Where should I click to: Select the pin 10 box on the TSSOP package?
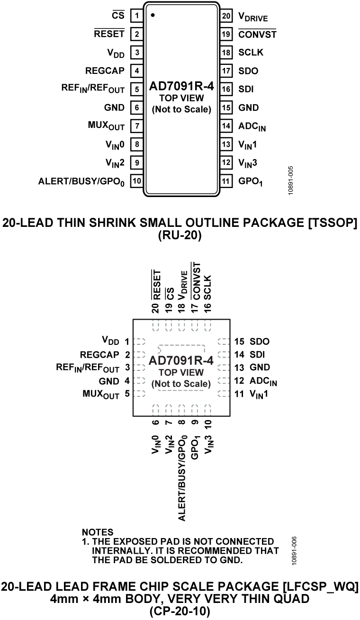[136, 181]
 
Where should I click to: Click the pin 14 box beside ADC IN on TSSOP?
[226, 126]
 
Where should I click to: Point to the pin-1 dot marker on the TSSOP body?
[153, 15]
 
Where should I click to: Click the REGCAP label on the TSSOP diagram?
[105, 71]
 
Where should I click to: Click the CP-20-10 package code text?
[180, 611]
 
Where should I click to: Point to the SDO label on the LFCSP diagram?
[259, 341]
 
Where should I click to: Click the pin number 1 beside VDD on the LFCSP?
[127, 341]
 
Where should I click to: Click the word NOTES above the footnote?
[98, 532]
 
